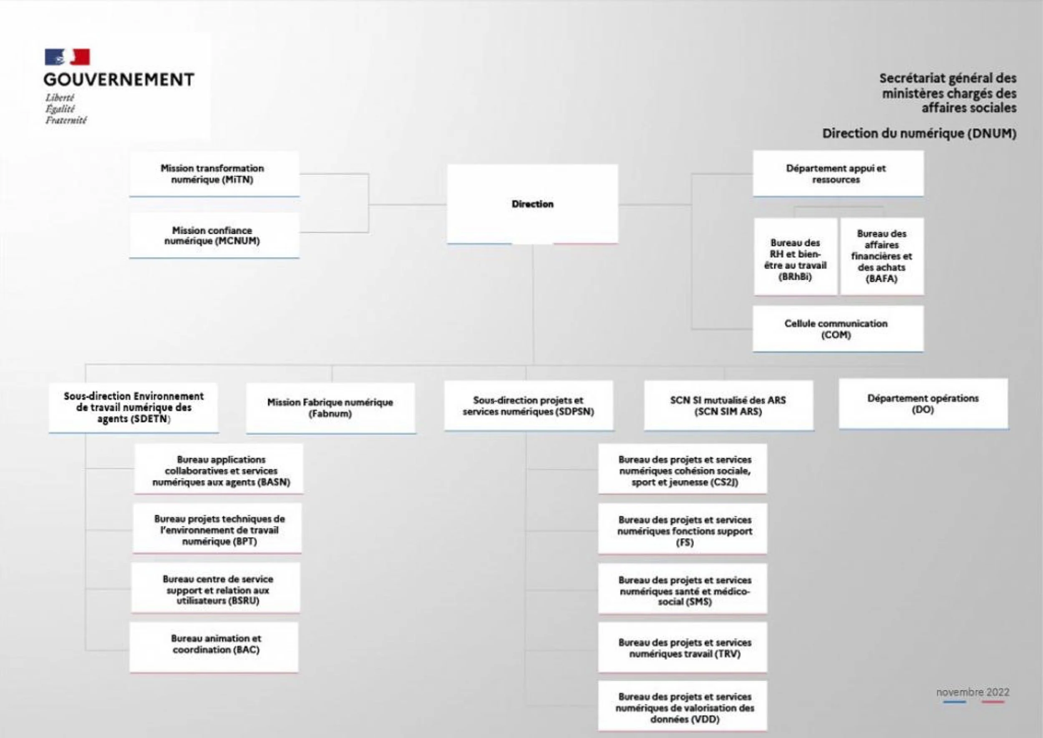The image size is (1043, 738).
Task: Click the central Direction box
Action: coord(532,204)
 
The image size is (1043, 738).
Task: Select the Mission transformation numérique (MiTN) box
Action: coord(214,174)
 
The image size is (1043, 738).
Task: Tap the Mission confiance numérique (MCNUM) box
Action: coord(214,236)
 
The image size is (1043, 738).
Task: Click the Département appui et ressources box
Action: coord(837,174)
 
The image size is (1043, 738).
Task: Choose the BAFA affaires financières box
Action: coord(882,257)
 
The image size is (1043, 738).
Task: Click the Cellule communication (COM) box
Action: coord(837,329)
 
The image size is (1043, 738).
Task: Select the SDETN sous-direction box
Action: coord(134,408)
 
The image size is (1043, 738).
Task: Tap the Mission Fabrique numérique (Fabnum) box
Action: coord(330,408)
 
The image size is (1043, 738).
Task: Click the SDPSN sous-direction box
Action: coord(528,406)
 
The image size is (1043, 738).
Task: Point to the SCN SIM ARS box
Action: coord(728,406)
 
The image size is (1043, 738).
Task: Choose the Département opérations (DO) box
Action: coord(923,404)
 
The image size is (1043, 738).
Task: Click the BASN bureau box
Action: coord(219,470)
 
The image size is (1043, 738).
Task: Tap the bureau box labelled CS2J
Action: coord(683,470)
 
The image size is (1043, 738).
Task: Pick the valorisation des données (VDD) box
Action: coord(683,708)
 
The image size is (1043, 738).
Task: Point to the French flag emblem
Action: coord(67,57)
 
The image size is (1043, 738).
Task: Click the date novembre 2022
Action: coord(972,692)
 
